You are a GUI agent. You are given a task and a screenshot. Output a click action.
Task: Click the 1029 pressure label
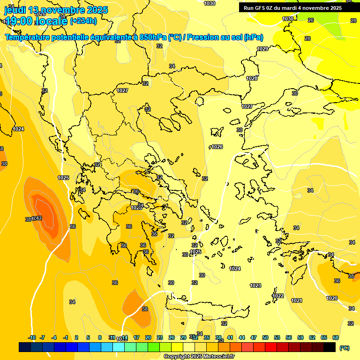pyautogui.click(x=262, y=49)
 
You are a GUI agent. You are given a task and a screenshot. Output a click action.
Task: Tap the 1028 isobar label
pyautogui.click(x=252, y=78)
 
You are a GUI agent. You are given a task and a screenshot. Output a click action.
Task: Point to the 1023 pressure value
pyautogui.click(x=255, y=285)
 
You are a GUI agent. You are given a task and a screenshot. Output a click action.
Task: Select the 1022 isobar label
pyautogui.click(x=278, y=296)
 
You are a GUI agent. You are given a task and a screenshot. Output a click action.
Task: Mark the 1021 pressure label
pyautogui.click(x=297, y=300)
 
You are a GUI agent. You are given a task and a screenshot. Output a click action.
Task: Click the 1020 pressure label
pyautogui.click(x=332, y=298)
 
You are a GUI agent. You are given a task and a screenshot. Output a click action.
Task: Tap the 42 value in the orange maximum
pyautogui.click(x=38, y=218)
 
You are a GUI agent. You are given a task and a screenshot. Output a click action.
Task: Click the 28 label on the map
pyautogui.click(x=307, y=38)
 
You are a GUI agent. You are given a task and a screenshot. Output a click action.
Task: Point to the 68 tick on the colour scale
pyautogui.click(x=336, y=337)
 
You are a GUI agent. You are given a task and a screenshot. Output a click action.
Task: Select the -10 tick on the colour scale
pyautogui.click(x=32, y=337)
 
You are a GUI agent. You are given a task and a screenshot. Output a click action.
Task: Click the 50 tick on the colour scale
pyautogui.click(x=265, y=337)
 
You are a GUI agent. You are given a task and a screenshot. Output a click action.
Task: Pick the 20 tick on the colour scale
pyautogui.click(x=148, y=337)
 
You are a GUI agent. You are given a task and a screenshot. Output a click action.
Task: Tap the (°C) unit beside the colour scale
pyautogui.click(x=345, y=348)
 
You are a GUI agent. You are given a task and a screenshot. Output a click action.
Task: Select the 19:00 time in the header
pyautogui.click(x=23, y=21)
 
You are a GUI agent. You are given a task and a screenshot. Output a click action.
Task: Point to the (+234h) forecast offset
pyautogui.click(x=83, y=21)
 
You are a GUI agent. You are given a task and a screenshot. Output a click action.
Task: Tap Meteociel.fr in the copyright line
pyautogui.click(x=219, y=357)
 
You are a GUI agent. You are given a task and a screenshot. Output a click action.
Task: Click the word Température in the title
pyautogui.click(x=28, y=37)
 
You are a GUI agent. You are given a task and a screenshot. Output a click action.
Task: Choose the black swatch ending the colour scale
pyautogui.click(x=330, y=347)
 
